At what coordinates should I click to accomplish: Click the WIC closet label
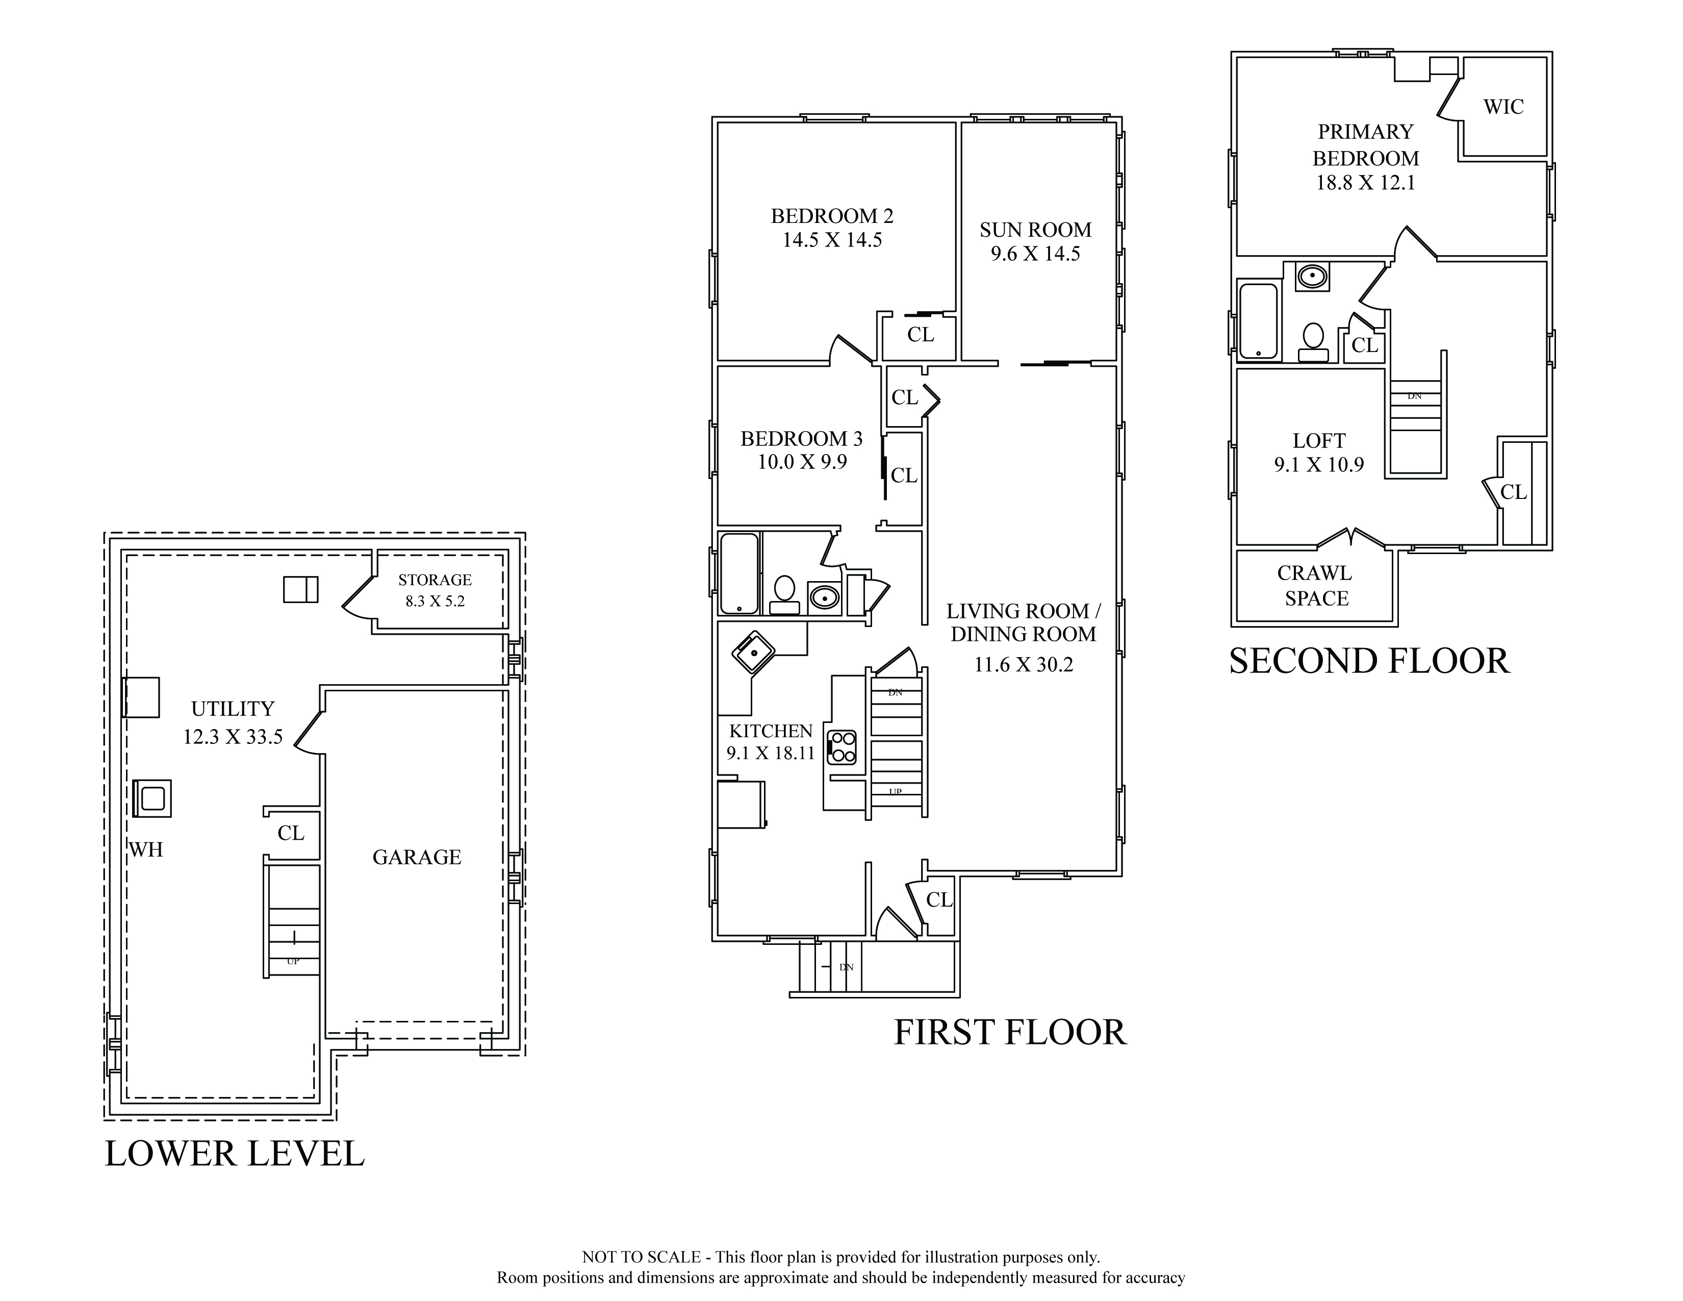pos(1503,107)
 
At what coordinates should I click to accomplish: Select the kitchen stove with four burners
pos(841,747)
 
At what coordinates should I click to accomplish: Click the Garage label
pos(417,857)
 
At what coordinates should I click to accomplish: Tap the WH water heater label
pos(146,849)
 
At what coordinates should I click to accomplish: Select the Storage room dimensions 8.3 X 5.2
pos(436,601)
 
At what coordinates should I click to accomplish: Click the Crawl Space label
pos(1316,586)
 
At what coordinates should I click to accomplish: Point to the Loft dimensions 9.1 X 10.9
pos(1319,465)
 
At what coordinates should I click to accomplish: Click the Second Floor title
pos(1369,661)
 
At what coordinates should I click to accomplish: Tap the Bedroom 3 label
pos(801,439)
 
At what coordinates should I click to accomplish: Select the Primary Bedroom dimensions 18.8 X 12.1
pos(1365,184)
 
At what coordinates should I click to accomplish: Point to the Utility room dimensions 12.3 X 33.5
pos(233,737)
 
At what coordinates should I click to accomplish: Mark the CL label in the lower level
pos(291,833)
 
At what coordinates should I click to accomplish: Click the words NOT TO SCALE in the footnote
pos(641,1257)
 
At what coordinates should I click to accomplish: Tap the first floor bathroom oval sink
pos(824,596)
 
